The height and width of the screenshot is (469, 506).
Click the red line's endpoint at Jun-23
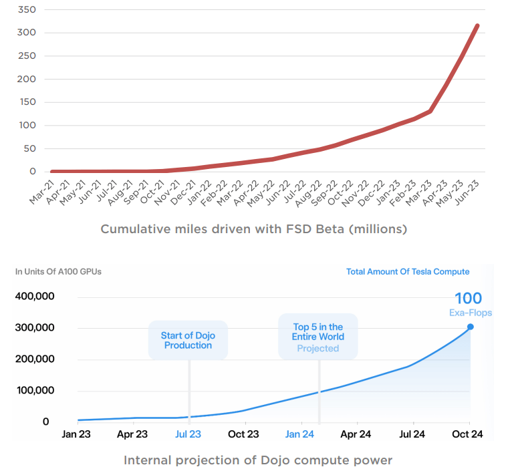[477, 26]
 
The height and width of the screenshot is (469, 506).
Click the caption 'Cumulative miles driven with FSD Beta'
[253, 229]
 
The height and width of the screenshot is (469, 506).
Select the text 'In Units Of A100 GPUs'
[59, 271]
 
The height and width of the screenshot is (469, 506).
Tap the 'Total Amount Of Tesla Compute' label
[407, 271]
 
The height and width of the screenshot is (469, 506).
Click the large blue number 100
[468, 299]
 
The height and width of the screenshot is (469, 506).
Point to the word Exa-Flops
[470, 313]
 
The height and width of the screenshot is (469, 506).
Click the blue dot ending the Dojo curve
[471, 327]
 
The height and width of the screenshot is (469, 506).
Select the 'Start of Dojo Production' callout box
[188, 340]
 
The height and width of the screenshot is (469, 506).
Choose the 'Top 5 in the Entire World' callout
[318, 338]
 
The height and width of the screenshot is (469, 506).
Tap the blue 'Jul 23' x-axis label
[188, 434]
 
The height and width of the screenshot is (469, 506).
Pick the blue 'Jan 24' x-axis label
[300, 434]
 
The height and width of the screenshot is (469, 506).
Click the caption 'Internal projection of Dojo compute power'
[257, 460]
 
